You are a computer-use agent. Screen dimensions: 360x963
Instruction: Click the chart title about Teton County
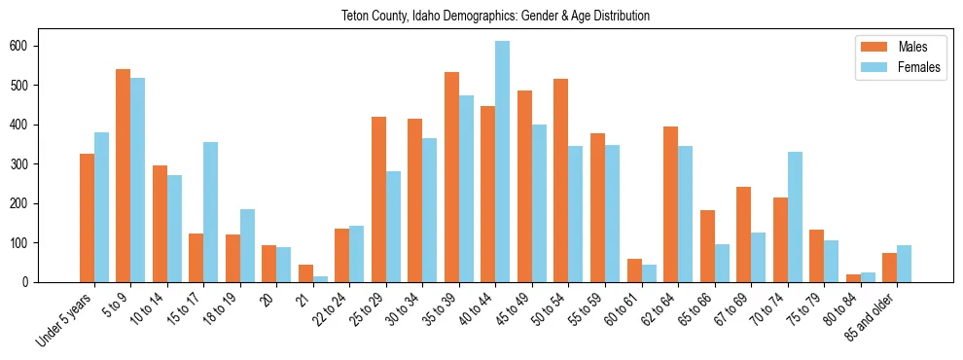pos(495,16)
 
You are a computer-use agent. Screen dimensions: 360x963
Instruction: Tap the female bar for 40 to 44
pos(502,162)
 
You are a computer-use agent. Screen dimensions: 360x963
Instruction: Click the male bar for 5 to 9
pos(124,175)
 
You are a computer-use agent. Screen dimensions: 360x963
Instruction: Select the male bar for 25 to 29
pos(378,199)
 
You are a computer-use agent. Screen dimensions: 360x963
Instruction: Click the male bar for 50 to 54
pos(560,180)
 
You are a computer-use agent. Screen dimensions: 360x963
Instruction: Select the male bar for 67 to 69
pos(743,234)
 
